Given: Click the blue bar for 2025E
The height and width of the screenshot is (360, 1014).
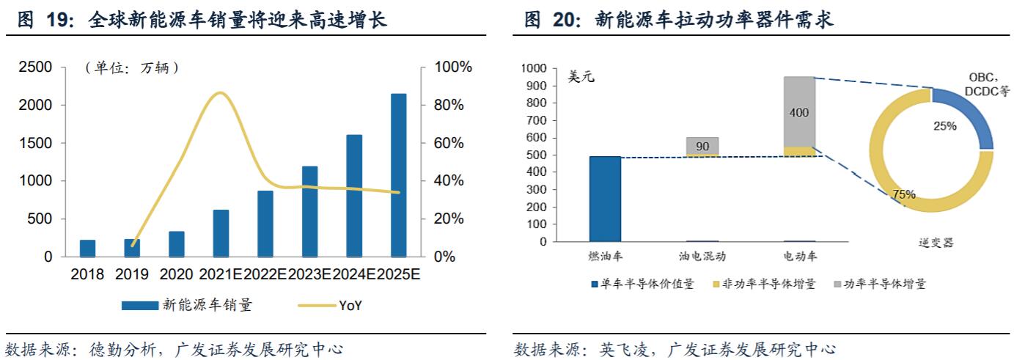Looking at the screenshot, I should [x=399, y=175].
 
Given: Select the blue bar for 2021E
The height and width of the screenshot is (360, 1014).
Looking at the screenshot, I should [x=221, y=233].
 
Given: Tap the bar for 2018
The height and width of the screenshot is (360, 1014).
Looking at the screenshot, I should [x=88, y=249].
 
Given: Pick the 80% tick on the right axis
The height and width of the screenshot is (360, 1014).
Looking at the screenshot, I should [x=449, y=105].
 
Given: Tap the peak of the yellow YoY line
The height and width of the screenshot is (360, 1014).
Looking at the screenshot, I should [x=219, y=93].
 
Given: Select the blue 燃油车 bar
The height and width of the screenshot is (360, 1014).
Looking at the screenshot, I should [x=605, y=199].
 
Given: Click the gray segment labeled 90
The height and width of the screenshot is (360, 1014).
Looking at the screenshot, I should [x=702, y=146].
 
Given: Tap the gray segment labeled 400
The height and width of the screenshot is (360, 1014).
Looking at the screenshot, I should [x=799, y=111].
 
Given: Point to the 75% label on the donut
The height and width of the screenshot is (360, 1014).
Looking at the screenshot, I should [x=904, y=194].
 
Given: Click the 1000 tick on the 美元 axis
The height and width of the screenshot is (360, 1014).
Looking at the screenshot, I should [x=534, y=68].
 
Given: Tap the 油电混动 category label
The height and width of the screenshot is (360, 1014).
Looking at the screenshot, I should [x=702, y=257].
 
